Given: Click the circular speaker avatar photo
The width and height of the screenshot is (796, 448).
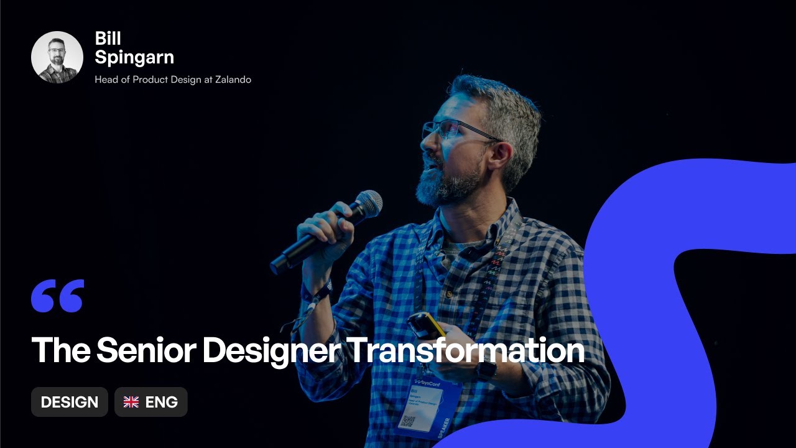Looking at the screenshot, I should (57, 57).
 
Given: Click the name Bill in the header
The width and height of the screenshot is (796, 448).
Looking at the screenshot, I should (108, 39).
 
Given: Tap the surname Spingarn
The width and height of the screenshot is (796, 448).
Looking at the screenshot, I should (134, 58).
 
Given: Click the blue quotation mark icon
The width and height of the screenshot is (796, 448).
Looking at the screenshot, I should (57, 296).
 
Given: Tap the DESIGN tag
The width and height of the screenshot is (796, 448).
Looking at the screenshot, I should (70, 402).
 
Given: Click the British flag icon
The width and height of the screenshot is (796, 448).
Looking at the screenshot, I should (131, 402).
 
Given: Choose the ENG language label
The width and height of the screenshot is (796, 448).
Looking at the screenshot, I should (162, 402).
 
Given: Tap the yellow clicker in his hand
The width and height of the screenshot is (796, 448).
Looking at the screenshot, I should (425, 324).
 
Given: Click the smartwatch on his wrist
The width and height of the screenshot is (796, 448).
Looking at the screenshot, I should (486, 370).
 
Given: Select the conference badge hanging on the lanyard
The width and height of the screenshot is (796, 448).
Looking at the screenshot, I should (428, 404).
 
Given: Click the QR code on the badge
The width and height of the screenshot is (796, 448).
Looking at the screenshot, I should (409, 421).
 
